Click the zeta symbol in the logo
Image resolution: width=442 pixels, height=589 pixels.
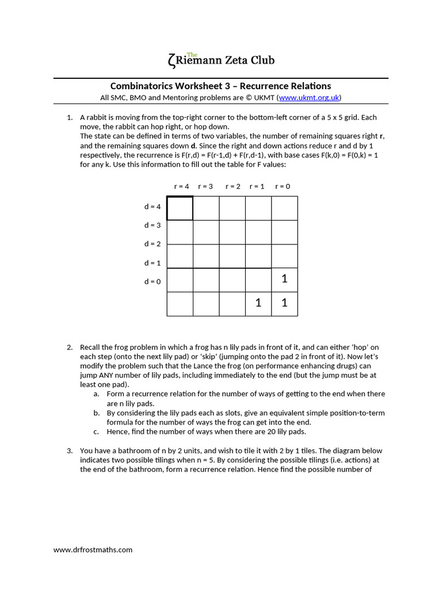click(x=170, y=60)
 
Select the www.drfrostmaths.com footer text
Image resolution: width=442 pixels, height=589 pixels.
click(x=93, y=549)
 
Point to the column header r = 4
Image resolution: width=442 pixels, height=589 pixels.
click(x=181, y=186)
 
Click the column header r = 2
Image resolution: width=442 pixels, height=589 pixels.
click(x=233, y=186)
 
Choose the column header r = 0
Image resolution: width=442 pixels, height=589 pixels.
click(x=283, y=186)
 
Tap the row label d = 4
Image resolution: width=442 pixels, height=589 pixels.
click(x=152, y=206)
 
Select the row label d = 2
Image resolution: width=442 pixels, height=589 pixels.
click(x=152, y=244)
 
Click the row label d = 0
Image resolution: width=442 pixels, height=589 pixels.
click(x=152, y=281)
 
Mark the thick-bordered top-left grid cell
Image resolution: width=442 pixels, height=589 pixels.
click(x=180, y=208)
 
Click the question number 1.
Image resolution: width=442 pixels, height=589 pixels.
click(x=69, y=117)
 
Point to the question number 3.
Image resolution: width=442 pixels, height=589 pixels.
click(x=69, y=451)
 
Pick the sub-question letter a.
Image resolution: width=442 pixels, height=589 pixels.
click(x=96, y=394)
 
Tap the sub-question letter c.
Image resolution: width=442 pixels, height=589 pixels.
click(x=96, y=431)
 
